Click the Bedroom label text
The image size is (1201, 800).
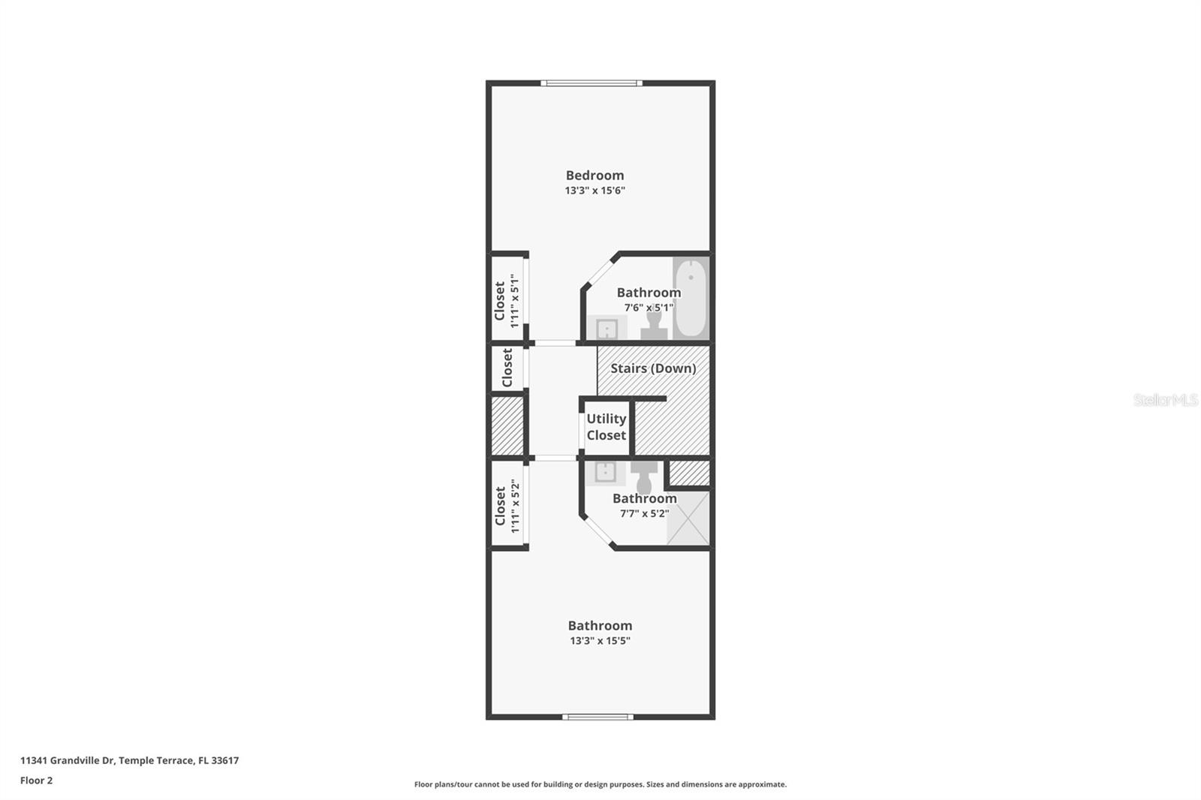click(594, 175)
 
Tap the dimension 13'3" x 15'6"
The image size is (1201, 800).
click(594, 191)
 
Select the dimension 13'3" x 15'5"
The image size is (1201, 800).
click(599, 641)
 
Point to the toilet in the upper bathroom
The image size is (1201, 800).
click(654, 325)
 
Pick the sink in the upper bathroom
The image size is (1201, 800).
click(607, 328)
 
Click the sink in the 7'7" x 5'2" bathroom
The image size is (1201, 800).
click(605, 472)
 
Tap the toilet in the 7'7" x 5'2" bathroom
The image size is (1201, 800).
click(644, 477)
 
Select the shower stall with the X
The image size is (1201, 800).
click(688, 518)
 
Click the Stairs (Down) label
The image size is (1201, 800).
click(653, 368)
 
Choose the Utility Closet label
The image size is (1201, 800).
click(607, 427)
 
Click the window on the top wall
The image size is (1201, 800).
click(591, 83)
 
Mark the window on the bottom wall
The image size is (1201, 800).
click(597, 717)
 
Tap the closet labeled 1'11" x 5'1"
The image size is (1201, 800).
click(506, 300)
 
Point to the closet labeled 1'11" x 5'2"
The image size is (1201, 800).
click(506, 506)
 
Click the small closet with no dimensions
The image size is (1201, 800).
click(507, 368)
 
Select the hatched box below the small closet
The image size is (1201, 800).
click(507, 426)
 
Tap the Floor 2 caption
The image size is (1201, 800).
click(36, 780)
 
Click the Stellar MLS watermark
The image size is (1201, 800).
click(1165, 400)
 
